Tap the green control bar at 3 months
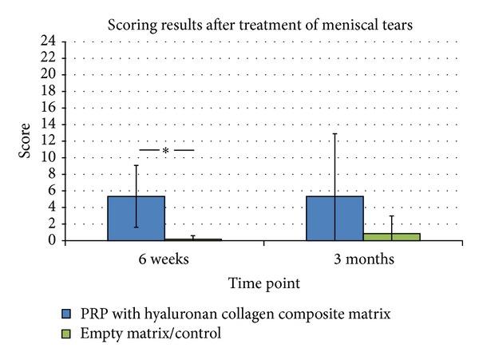(391, 236)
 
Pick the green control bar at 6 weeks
(193, 239)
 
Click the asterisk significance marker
(165, 151)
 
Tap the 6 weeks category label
(164, 259)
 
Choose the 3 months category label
(362, 259)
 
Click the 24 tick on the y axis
(49, 41)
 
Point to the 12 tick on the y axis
(49, 140)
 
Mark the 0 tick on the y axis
(52, 240)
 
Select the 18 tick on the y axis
(49, 90)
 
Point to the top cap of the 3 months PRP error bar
(335, 133)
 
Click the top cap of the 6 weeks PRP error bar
(136, 165)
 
